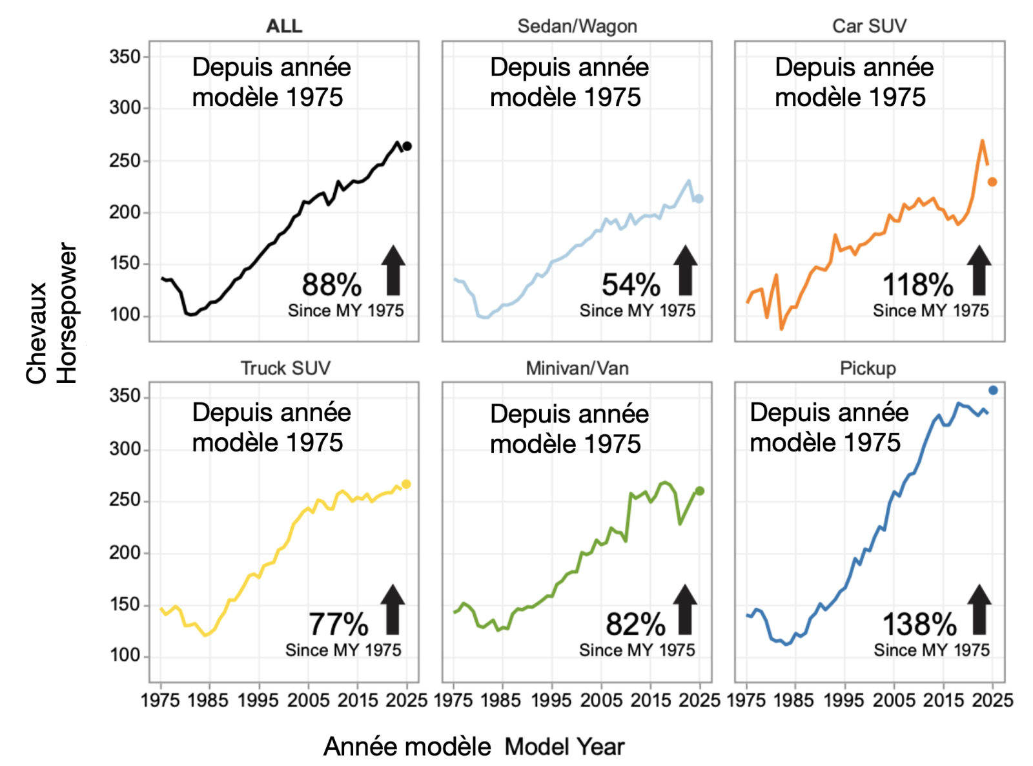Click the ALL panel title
(284, 26)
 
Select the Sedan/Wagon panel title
(577, 26)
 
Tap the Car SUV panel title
(869, 26)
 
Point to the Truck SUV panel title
(285, 368)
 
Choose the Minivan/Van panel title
(577, 368)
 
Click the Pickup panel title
(868, 368)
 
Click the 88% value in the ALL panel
(332, 285)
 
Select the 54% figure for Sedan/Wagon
(631, 285)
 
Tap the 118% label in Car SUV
(917, 285)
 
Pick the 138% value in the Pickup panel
(919, 625)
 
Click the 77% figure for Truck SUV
(338, 625)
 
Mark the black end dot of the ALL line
(407, 146)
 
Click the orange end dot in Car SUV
(992, 182)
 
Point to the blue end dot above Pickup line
(993, 390)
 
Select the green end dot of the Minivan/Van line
(700, 491)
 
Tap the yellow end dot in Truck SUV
(406, 484)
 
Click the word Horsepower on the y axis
(67, 313)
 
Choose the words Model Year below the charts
(564, 747)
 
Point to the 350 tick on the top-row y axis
(125, 57)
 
